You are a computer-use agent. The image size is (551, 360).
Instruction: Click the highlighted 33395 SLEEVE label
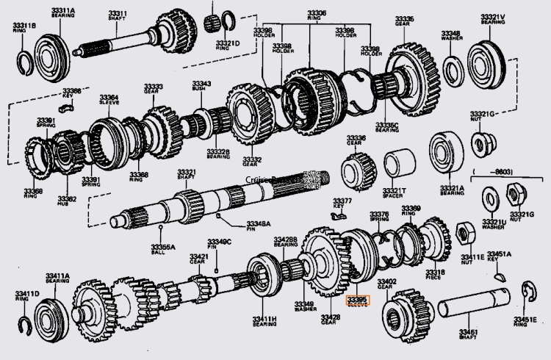click(358, 300)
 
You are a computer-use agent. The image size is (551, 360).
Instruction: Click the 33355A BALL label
click(162, 251)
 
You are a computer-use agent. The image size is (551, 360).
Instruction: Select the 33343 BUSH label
click(202, 86)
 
